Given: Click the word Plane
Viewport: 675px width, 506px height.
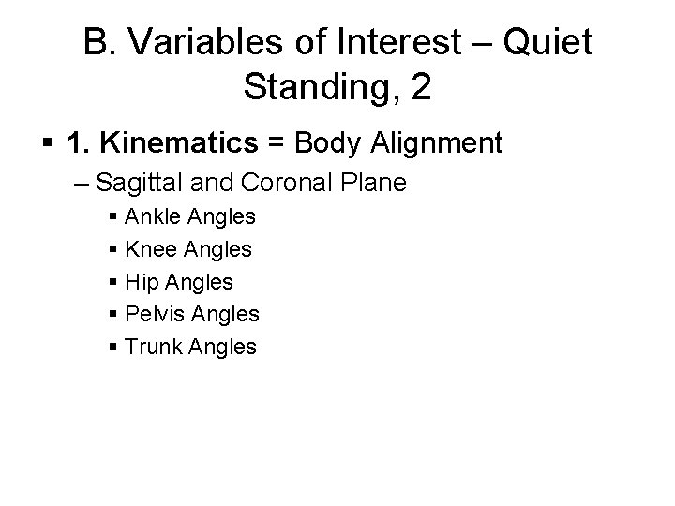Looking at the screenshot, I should [x=372, y=183].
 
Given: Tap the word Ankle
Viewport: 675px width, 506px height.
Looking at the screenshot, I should [x=154, y=217].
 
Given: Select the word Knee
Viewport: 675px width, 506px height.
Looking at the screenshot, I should [x=152, y=249].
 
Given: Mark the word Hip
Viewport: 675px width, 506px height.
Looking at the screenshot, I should [x=142, y=282].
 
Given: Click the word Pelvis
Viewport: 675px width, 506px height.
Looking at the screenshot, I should [x=155, y=314].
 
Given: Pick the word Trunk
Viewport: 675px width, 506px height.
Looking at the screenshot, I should [x=154, y=347].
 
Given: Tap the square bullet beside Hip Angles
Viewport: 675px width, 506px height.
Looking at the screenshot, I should [x=113, y=283].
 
